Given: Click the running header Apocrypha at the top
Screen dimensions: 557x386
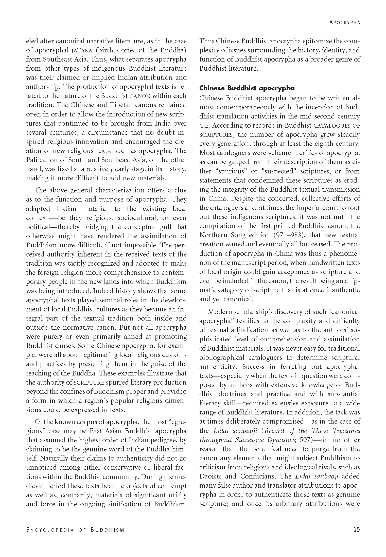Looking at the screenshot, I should pyautogui.click(x=345, y=22).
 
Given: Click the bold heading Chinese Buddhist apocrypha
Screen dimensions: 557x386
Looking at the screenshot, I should pyautogui.click(x=247, y=88).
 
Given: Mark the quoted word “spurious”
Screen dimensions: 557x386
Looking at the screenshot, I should pyautogui.click(x=233, y=171).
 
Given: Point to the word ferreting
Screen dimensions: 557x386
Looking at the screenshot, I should pyautogui.click(x=294, y=367).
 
